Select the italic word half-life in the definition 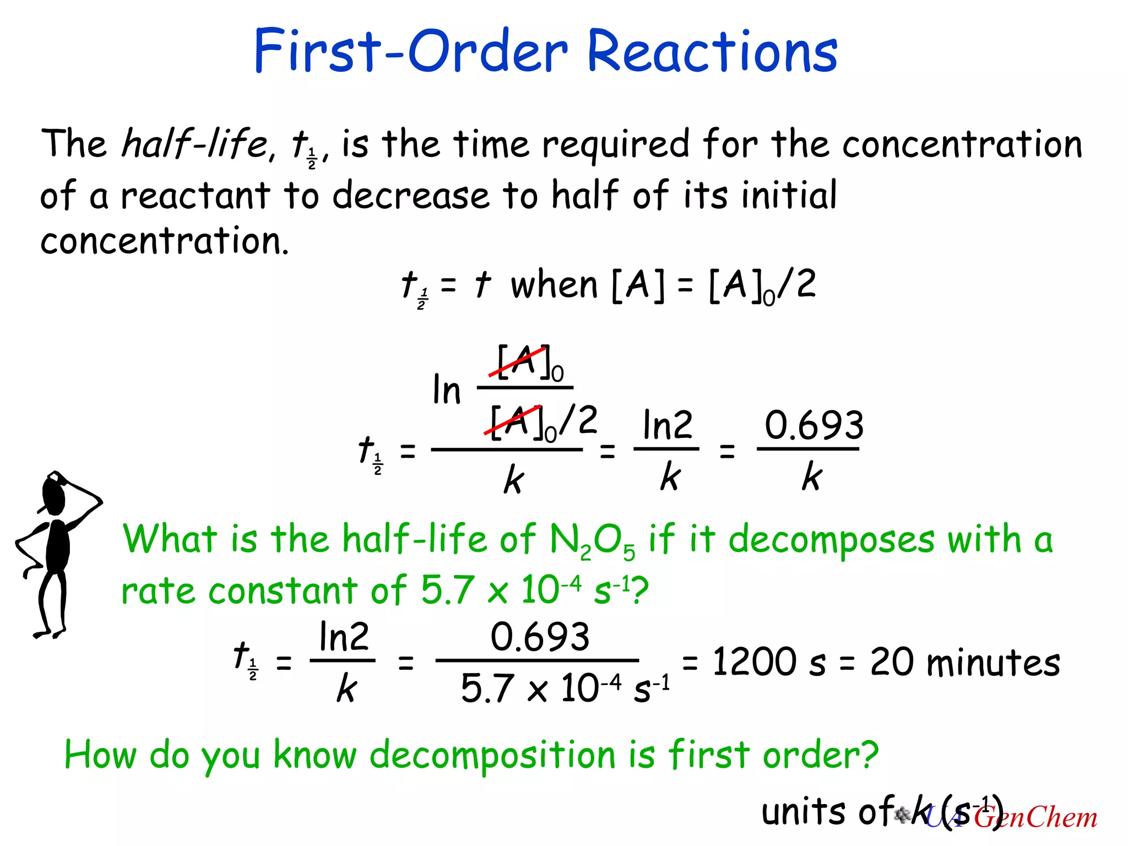pos(194,144)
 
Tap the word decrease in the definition pos(410,196)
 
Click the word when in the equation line pos(554,285)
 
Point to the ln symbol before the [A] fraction pos(446,390)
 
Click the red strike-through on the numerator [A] pos(518,361)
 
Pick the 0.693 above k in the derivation pos(814,425)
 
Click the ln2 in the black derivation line pos(667,425)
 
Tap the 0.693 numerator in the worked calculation pos(540,637)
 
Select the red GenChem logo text pos(1035,818)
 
